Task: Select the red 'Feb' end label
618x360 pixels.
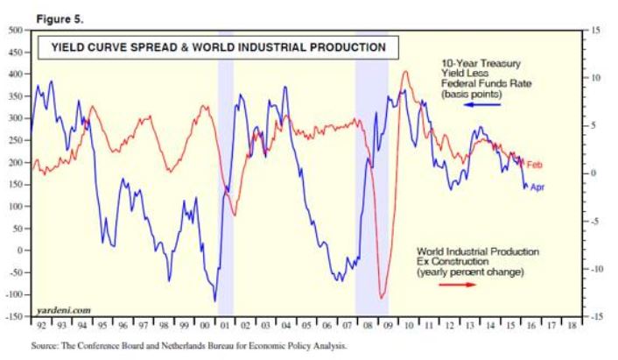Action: [535, 164]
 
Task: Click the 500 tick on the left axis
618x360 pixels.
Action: [16, 30]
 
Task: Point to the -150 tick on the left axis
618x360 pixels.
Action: [14, 316]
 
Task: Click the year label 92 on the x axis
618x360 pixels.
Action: [40, 323]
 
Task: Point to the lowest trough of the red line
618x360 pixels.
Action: [382, 298]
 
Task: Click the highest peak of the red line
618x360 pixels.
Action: [405, 72]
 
